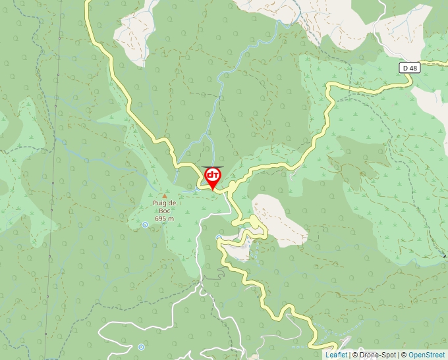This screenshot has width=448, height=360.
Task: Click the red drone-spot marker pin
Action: pyautogui.click(x=213, y=177)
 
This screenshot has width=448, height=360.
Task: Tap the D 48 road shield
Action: pyautogui.click(x=408, y=68)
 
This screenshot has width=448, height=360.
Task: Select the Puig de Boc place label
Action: pyautogui.click(x=164, y=207)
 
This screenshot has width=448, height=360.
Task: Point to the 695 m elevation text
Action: pyautogui.click(x=164, y=219)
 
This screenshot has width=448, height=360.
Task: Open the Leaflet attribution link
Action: pyautogui.click(x=336, y=355)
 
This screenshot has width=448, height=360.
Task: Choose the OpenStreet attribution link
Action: pyautogui.click(x=427, y=355)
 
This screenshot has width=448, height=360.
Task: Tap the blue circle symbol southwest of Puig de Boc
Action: pyautogui.click(x=145, y=225)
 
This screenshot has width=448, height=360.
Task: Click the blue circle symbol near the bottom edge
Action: pyautogui.click(x=141, y=347)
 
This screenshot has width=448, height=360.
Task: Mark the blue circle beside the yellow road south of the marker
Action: pyautogui.click(x=219, y=238)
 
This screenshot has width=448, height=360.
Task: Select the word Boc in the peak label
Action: pyautogui.click(x=163, y=211)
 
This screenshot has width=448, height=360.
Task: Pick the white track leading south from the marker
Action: pyautogui.click(x=198, y=250)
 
